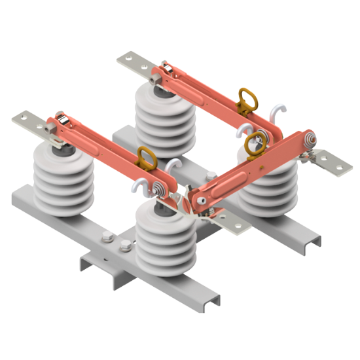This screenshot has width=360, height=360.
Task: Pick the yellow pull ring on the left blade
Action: (146, 158)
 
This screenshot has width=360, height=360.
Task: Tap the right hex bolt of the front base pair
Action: (125, 247)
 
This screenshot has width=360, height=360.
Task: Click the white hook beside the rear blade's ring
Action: (269, 109)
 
